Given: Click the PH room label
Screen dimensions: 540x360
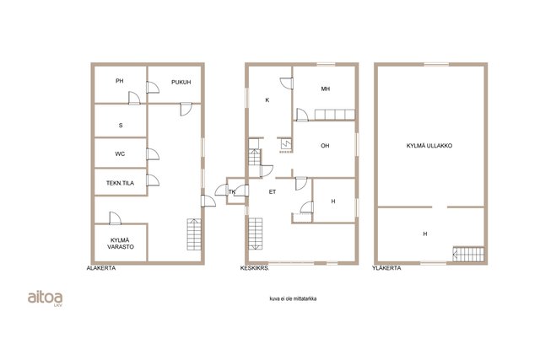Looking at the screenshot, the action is pyautogui.click(x=120, y=81).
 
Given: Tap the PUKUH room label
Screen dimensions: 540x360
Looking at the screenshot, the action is pyautogui.click(x=181, y=83).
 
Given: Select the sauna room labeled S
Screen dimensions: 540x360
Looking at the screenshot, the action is pyautogui.click(x=121, y=126).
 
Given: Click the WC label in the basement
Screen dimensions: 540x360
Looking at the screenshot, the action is pyautogui.click(x=120, y=153).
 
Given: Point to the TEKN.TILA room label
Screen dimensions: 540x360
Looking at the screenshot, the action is pyautogui.click(x=120, y=183).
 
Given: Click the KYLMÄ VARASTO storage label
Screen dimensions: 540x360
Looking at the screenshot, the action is pyautogui.click(x=120, y=244).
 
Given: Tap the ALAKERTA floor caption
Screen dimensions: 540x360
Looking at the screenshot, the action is pyautogui.click(x=101, y=268).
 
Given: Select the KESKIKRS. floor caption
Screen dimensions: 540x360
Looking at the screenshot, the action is pyautogui.click(x=255, y=268).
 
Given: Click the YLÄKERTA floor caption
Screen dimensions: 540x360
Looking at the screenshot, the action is pyautogui.click(x=386, y=268).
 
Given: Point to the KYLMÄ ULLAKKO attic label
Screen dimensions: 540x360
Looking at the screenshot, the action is pyautogui.click(x=429, y=146).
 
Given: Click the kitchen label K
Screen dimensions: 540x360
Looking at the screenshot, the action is pyautogui.click(x=267, y=100).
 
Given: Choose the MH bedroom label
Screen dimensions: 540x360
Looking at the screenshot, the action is pyautogui.click(x=326, y=89).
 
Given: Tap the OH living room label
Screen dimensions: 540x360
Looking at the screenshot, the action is pyautogui.click(x=325, y=146).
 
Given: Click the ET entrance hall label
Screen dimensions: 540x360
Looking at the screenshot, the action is pyautogui.click(x=273, y=191).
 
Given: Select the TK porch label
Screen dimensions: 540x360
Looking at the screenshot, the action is pyautogui.click(x=232, y=191).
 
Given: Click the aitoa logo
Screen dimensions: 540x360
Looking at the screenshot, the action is pyautogui.click(x=45, y=298).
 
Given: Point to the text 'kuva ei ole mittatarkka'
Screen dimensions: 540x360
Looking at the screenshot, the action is pyautogui.click(x=293, y=298).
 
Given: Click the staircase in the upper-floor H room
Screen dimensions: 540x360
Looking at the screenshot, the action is pyautogui.click(x=468, y=255).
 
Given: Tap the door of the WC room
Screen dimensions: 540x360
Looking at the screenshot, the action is pyautogui.click(x=153, y=154).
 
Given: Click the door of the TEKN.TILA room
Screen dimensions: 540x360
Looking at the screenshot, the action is pyautogui.click(x=153, y=180).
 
